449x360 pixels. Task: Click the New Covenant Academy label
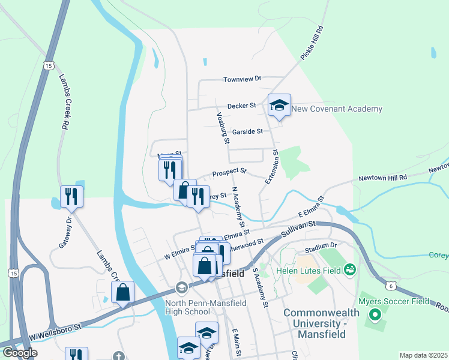click(x=337, y=109)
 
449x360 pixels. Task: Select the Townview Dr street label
click(x=243, y=79)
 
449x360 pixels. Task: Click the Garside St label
click(x=247, y=131)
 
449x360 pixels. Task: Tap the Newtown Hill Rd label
click(x=383, y=178)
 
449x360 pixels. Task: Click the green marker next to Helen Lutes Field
click(x=350, y=270)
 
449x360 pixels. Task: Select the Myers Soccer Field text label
click(x=394, y=301)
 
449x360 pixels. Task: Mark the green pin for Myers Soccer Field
click(x=376, y=314)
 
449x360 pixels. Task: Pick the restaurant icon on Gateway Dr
click(x=71, y=196)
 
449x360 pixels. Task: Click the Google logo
click(x=20, y=352)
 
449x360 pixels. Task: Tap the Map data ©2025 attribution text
click(x=423, y=355)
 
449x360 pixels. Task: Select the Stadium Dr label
click(x=321, y=246)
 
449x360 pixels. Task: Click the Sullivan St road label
click(x=300, y=227)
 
